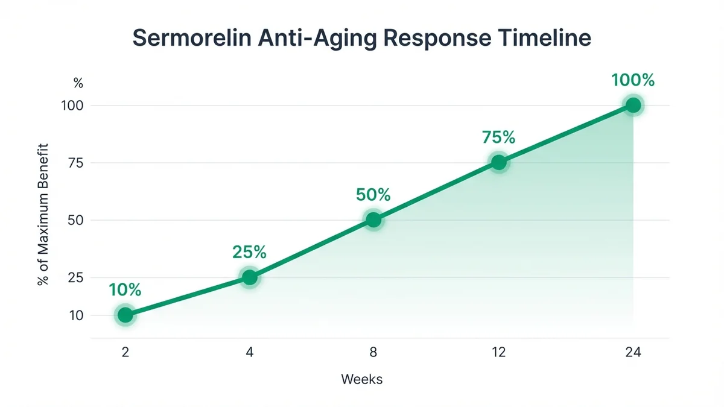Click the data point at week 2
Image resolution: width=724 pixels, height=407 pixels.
[125, 315]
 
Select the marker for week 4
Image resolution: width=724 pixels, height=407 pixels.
[249, 277]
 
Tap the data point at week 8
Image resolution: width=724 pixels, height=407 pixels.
[374, 220]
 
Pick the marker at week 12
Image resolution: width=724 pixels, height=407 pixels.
[499, 163]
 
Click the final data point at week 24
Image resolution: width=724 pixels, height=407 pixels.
[633, 106]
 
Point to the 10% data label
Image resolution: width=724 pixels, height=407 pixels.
[125, 290]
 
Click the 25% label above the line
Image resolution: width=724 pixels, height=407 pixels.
[249, 252]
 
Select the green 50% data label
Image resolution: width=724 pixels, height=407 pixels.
[373, 195]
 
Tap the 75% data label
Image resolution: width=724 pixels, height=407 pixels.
[499, 137]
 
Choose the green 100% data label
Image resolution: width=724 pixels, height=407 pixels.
[633, 80]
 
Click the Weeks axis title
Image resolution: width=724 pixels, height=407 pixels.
[361, 379]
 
